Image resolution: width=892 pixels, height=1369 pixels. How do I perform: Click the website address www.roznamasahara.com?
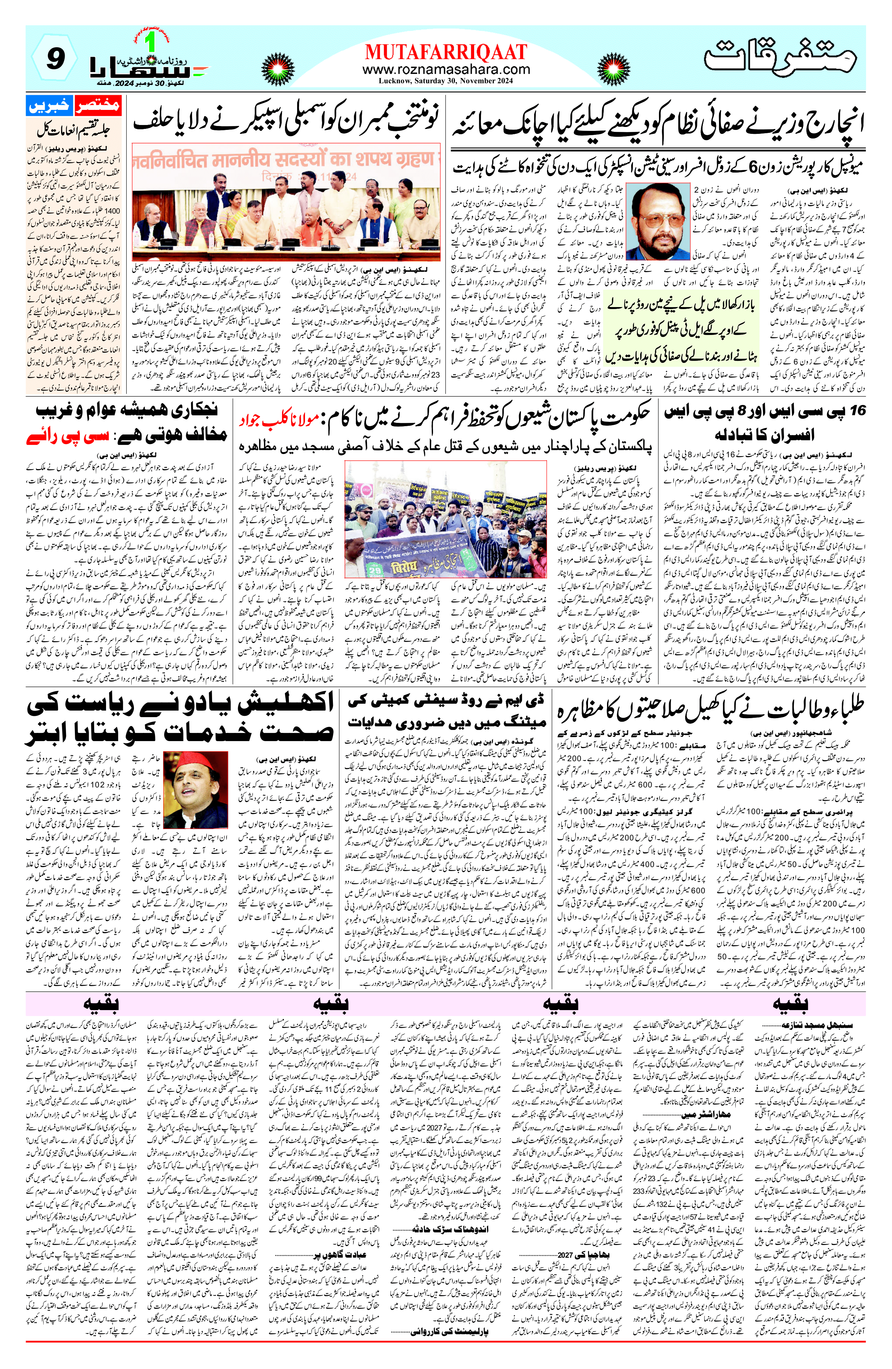tap(446, 69)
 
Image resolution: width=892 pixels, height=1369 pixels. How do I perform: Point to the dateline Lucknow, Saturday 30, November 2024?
tap(446, 80)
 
